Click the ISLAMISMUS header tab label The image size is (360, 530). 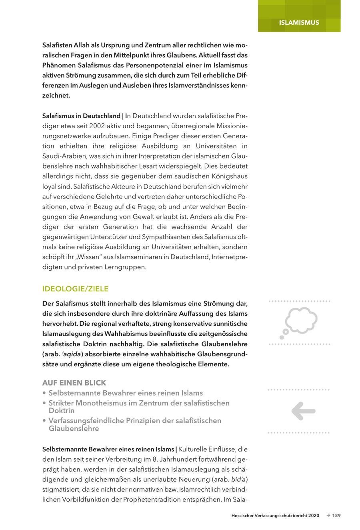pos(299,22)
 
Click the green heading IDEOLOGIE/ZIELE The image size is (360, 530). pos(75,289)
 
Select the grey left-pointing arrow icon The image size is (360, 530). pos(303,411)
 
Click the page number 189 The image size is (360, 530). pos(336,516)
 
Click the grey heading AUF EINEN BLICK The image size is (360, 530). pos(74,383)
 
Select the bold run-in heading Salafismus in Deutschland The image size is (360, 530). pos(81,116)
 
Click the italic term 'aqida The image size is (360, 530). pos(69,354)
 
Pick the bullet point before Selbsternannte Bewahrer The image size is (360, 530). pos(44,393)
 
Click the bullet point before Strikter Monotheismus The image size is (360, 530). pos(44,403)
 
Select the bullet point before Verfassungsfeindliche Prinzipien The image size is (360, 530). pos(44,421)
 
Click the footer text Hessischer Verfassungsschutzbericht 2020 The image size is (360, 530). pos(275,516)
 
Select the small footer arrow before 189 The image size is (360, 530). pos(328,516)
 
